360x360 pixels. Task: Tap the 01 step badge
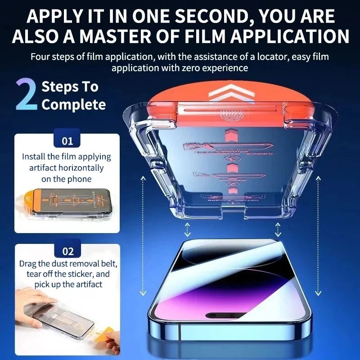point(67,141)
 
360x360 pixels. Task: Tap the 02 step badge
point(67,251)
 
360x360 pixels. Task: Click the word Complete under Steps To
point(73,105)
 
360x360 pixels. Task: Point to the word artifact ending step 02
point(88,284)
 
